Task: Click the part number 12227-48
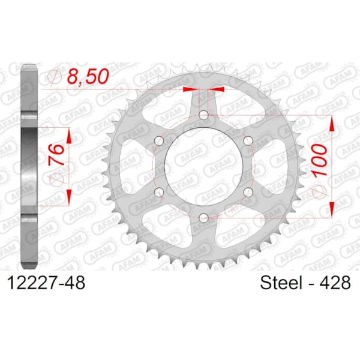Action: [x=48, y=282]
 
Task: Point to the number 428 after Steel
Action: [x=334, y=282]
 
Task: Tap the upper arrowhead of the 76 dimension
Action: [x=69, y=137]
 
